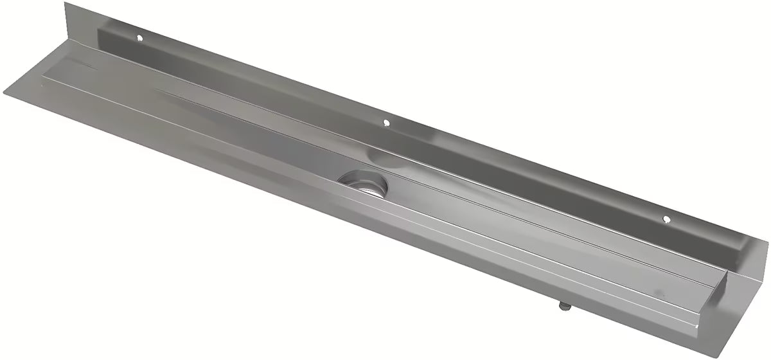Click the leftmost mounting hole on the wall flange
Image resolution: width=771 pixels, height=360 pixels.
138,39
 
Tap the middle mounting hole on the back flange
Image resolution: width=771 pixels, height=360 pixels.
385,122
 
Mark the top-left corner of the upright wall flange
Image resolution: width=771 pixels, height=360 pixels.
66,3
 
